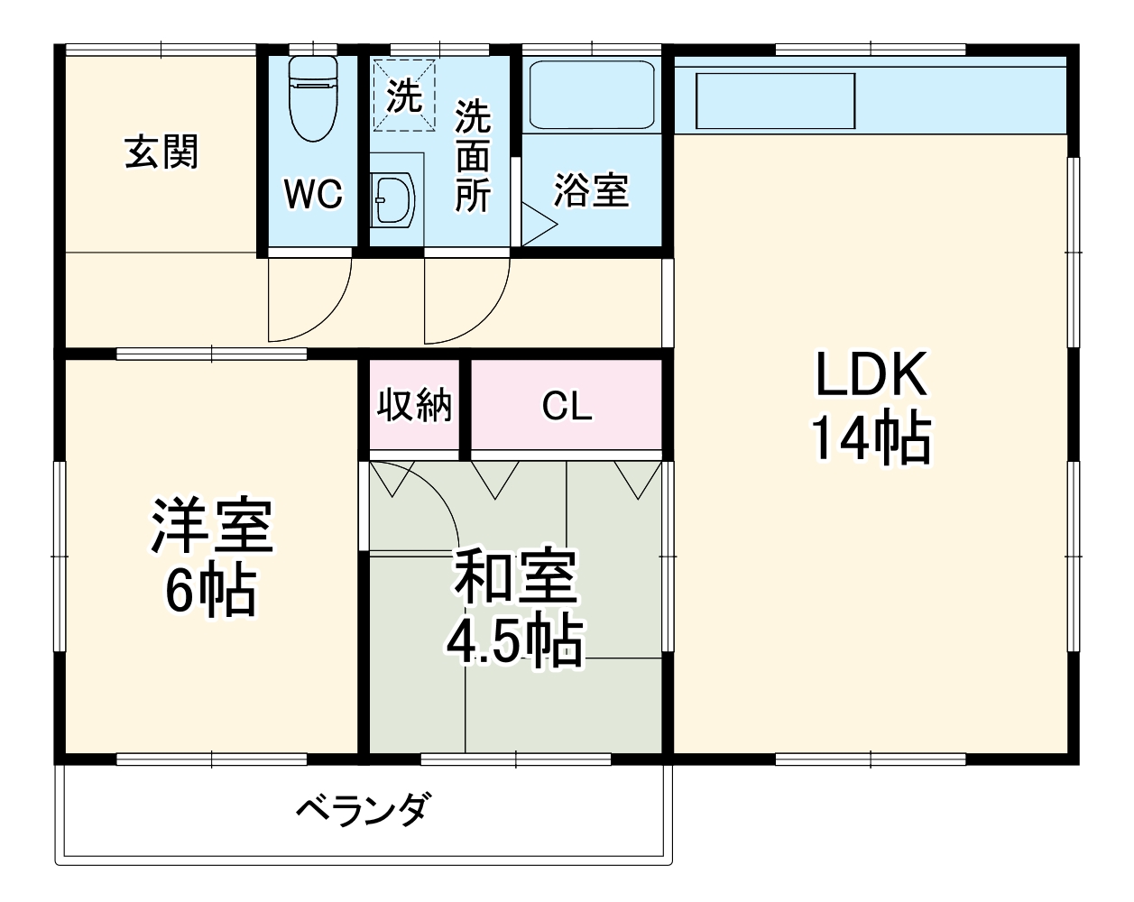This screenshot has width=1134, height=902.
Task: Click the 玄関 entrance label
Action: point(161,152)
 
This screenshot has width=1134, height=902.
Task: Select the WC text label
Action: point(313,193)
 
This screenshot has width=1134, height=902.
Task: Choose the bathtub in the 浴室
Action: point(591,95)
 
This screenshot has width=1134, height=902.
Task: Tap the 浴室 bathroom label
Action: point(591,190)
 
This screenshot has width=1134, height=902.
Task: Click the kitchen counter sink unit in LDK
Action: point(775,100)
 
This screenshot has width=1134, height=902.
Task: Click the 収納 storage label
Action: point(414,406)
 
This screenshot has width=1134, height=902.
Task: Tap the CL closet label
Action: point(567,407)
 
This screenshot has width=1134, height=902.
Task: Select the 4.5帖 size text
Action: point(514,640)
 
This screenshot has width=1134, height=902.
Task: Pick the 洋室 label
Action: point(211,527)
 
